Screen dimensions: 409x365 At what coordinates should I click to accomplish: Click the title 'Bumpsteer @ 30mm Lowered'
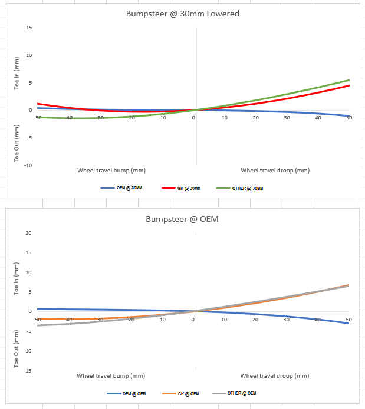point(183,14)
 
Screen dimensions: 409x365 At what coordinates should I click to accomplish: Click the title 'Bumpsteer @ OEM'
point(183,219)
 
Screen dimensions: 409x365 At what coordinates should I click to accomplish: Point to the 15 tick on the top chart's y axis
point(28,28)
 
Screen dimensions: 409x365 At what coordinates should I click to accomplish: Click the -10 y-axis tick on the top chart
point(28,165)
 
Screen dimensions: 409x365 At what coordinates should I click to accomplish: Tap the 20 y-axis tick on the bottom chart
point(28,233)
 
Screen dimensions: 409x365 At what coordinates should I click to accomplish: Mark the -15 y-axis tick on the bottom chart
point(28,370)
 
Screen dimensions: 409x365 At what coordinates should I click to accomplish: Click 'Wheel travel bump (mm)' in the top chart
point(111,170)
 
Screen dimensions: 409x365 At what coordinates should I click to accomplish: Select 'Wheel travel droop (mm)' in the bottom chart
point(275,375)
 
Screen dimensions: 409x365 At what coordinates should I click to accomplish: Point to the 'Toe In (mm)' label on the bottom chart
point(17,278)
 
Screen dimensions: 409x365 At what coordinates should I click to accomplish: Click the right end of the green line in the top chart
point(349,80)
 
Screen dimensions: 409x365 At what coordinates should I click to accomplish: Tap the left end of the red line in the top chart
point(38,104)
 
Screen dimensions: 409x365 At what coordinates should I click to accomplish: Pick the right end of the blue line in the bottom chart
point(349,323)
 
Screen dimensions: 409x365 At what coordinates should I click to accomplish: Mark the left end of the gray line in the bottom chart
point(38,325)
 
